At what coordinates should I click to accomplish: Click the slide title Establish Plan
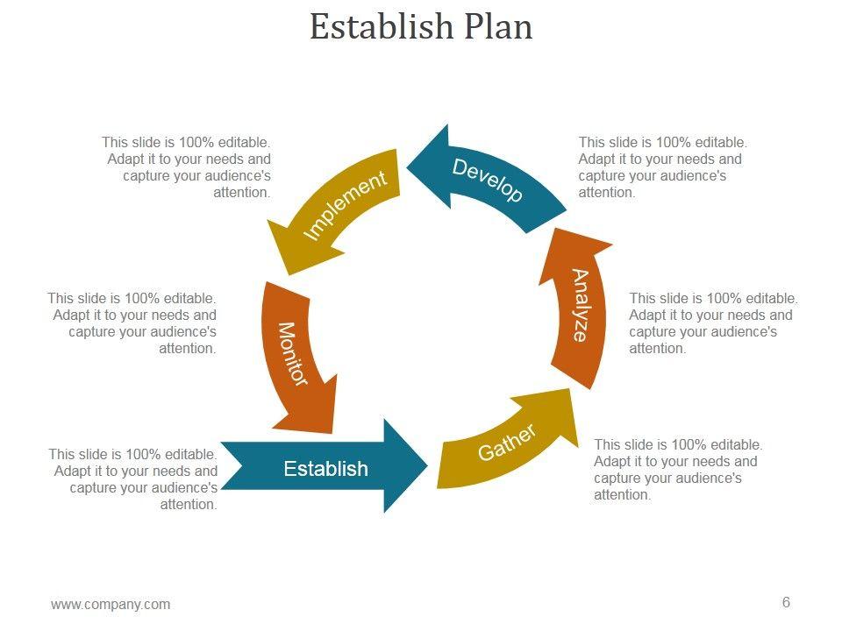[421, 26]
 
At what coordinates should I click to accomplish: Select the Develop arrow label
[488, 180]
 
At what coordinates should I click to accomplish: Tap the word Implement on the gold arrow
[345, 205]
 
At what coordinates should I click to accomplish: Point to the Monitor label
[293, 353]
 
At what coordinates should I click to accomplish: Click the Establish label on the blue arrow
[325, 469]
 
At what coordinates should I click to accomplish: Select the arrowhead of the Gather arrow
[553, 412]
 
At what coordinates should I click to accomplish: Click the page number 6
[786, 602]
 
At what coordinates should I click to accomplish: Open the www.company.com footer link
[111, 604]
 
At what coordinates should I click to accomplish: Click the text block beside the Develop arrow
[662, 167]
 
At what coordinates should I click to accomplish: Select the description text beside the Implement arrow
[187, 167]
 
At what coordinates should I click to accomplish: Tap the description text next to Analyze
[713, 323]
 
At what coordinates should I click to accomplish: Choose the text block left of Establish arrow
[133, 479]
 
